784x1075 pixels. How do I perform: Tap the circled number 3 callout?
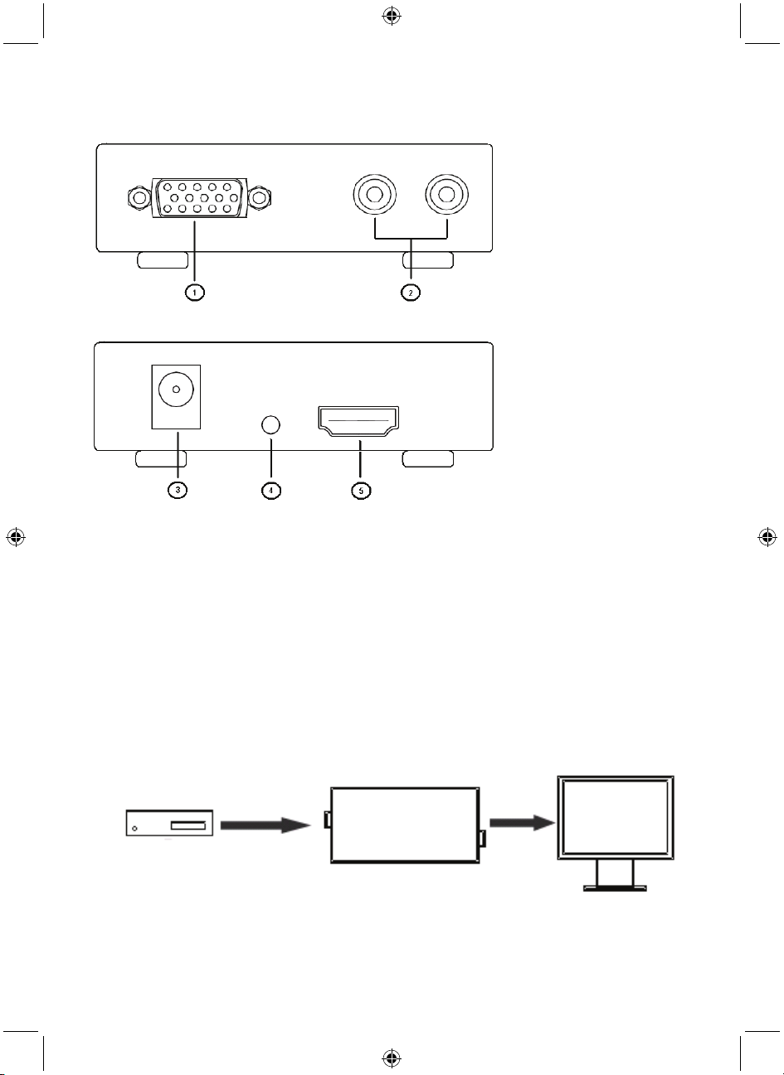[x=177, y=490]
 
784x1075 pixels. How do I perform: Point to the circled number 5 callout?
[x=359, y=490]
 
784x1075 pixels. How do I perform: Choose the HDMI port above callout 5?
[x=358, y=424]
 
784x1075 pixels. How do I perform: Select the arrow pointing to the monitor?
[x=522, y=822]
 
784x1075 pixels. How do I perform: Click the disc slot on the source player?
[x=188, y=825]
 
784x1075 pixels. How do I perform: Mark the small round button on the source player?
[x=135, y=827]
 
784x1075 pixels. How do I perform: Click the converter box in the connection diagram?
[x=404, y=825]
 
